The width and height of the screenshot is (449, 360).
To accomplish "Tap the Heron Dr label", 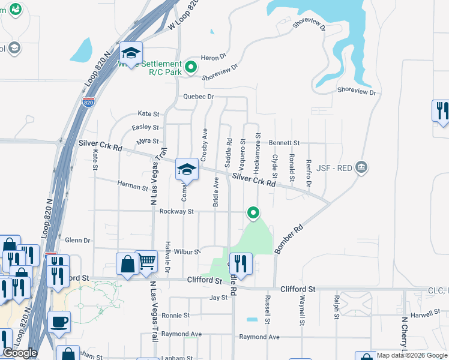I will (x=214, y=56).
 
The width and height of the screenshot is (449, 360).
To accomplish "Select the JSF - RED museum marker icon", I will (x=361, y=166).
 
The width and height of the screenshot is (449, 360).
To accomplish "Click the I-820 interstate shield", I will (x=88, y=103).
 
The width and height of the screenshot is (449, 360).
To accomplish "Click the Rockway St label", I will (x=176, y=211).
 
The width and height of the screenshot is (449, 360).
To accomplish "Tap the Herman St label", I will (x=132, y=187).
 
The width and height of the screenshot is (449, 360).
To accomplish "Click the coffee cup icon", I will (x=59, y=322).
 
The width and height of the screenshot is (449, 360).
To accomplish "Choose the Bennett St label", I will (x=284, y=143).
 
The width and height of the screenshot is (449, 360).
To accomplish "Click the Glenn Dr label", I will (x=77, y=240).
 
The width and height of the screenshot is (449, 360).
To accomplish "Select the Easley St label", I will (x=145, y=127).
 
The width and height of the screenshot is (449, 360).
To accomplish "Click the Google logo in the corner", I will (x=20, y=353).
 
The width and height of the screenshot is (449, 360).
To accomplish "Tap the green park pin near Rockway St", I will (x=253, y=212).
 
